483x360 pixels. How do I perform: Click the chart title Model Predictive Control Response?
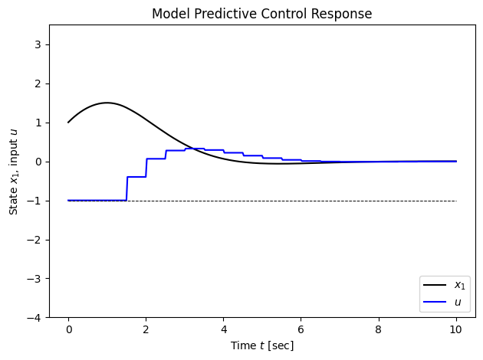point(261,15)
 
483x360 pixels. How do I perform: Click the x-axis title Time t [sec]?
point(261,345)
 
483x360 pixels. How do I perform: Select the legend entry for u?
point(457,302)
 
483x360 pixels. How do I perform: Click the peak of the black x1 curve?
point(107,103)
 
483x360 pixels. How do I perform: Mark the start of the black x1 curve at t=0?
point(68,123)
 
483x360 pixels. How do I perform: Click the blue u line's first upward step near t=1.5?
point(127,188)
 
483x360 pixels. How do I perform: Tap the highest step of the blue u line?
point(195,149)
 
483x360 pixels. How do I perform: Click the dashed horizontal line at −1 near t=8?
point(378,201)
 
